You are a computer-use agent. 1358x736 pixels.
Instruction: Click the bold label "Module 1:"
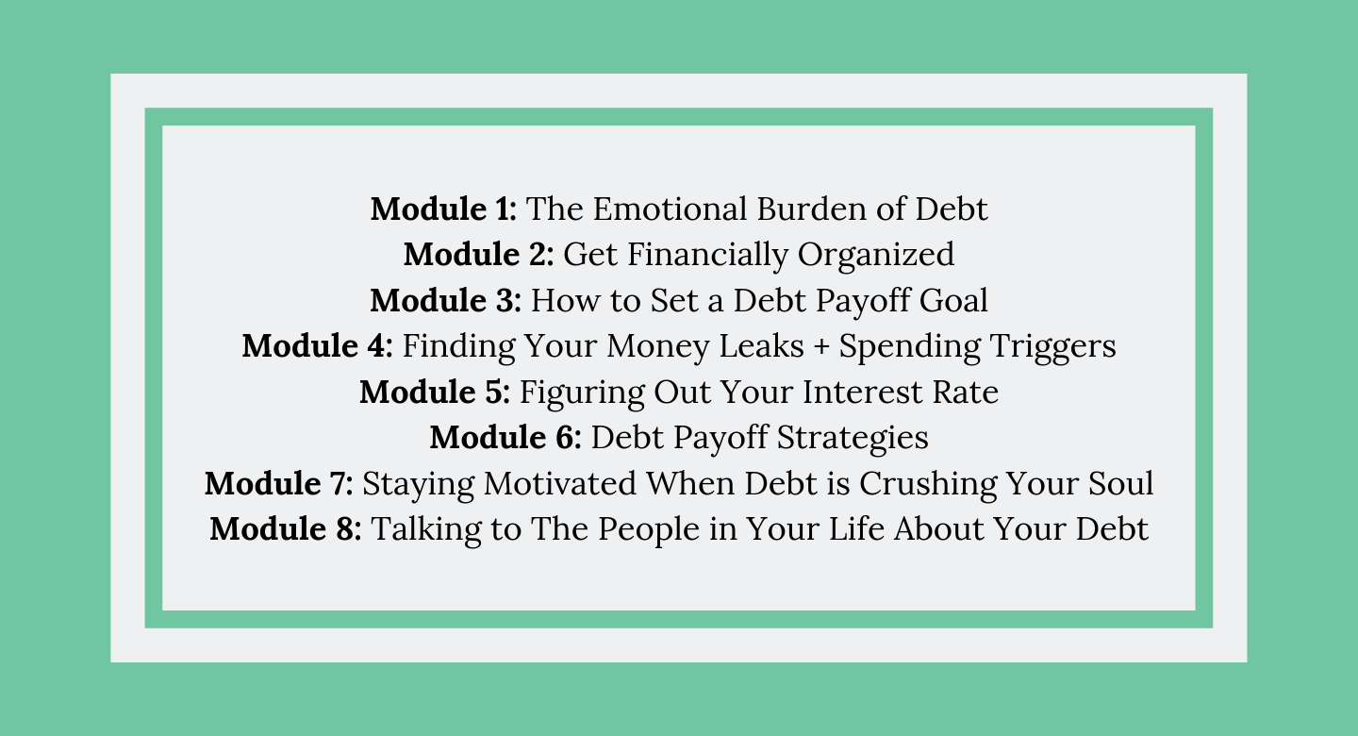(443, 209)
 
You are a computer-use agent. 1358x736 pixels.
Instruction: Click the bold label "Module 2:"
(478, 254)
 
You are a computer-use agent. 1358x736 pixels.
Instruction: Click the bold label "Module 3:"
(445, 300)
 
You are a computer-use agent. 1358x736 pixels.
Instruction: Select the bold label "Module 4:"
(317, 346)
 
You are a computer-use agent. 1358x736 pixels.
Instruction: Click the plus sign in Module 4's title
(821, 347)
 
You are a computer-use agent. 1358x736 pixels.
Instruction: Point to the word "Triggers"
(1053, 347)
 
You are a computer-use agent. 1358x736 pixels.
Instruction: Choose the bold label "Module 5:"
(435, 392)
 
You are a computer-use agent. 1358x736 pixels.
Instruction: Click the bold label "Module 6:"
(505, 438)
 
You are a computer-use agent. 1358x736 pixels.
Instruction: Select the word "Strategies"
(853, 439)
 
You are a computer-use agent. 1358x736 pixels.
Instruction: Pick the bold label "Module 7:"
(279, 483)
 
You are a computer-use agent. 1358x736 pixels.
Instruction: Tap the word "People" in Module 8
(649, 529)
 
